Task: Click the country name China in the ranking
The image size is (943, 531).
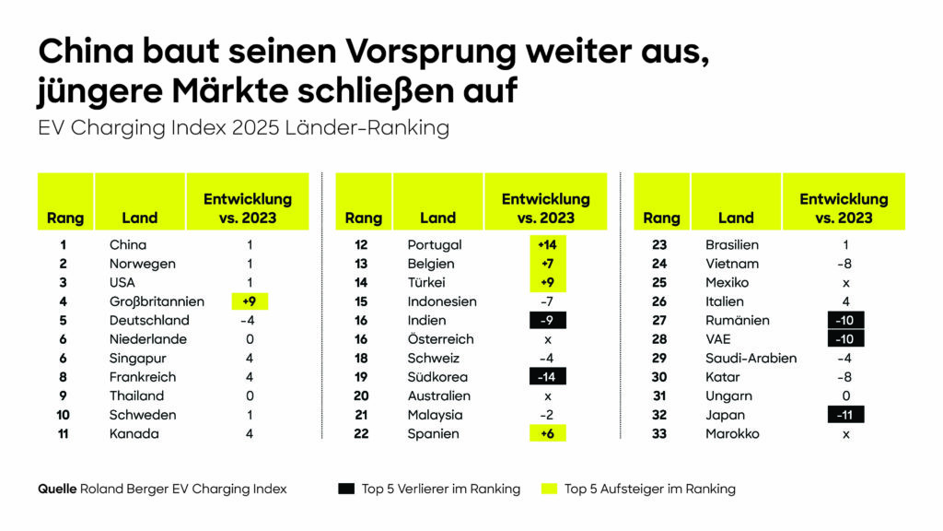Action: [x=127, y=245]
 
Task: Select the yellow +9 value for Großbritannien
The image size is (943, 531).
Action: [x=249, y=301]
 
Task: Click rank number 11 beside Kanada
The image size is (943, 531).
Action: [x=63, y=434]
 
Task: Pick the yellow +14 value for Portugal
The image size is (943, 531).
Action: [x=547, y=245]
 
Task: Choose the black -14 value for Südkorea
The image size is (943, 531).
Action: [x=547, y=377]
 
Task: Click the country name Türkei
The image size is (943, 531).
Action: [x=426, y=283]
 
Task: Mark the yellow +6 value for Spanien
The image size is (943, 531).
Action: [x=547, y=434]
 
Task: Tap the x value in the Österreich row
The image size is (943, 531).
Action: [x=548, y=339]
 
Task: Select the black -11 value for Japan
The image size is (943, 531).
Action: [x=845, y=415]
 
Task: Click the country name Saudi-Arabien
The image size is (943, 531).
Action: [x=751, y=359]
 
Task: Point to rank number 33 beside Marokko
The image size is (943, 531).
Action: [x=659, y=434]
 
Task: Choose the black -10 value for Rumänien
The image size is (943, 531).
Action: [x=845, y=321]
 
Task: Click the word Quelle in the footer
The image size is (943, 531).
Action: [x=57, y=489]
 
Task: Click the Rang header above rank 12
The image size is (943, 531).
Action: [x=363, y=218]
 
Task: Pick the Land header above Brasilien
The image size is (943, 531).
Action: [x=736, y=218]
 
